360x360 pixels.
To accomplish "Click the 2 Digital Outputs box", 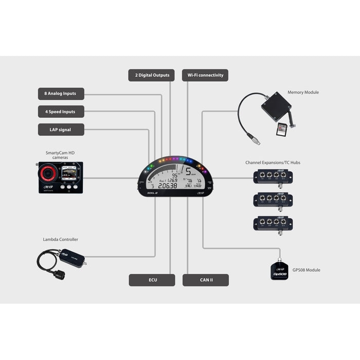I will (x=152, y=75).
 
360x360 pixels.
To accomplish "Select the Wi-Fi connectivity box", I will (x=205, y=75).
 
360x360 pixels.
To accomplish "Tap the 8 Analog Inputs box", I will (x=61, y=94).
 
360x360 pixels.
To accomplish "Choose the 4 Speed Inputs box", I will (x=61, y=112).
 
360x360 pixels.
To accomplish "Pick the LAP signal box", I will (x=61, y=130).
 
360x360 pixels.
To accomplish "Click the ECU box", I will (x=152, y=280).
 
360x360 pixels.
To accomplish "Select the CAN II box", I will (x=206, y=280).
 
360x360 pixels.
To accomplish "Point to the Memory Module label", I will (x=303, y=93).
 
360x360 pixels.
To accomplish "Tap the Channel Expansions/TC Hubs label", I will (x=273, y=163).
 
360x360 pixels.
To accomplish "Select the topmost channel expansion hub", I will (x=273, y=177).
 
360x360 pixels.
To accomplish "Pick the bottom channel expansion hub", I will (x=273, y=224).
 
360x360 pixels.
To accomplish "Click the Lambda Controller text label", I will (x=61, y=240).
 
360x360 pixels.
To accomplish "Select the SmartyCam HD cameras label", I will (x=61, y=155).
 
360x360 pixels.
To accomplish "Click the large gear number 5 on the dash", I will (x=189, y=171).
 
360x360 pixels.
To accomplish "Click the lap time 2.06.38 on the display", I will (x=168, y=186).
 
